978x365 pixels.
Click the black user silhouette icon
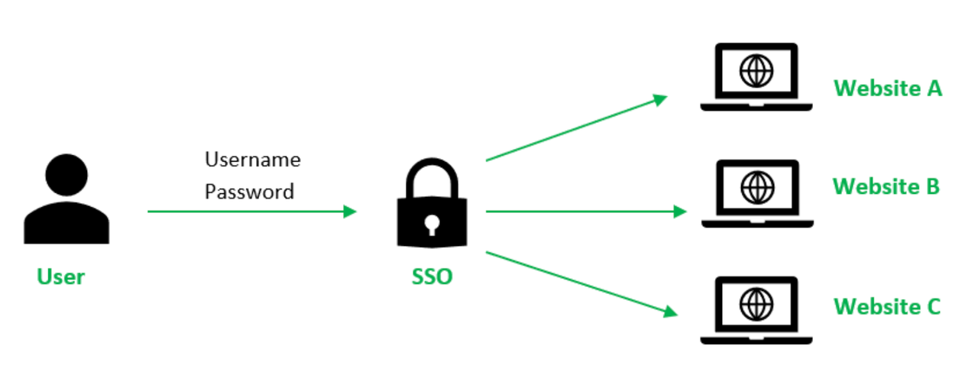point(66,200)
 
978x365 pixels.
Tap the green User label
point(60,276)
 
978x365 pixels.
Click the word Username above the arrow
point(252,160)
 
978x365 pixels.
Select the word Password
point(249,192)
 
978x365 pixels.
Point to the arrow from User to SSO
point(252,212)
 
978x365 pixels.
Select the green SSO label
point(432,276)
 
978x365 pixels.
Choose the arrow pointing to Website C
point(581,283)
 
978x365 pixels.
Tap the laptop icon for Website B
point(757,193)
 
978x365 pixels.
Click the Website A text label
point(888,89)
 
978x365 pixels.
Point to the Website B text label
point(886,186)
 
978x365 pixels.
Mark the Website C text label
point(887,307)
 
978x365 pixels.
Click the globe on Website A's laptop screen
point(756,72)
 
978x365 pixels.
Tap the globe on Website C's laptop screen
point(756,304)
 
